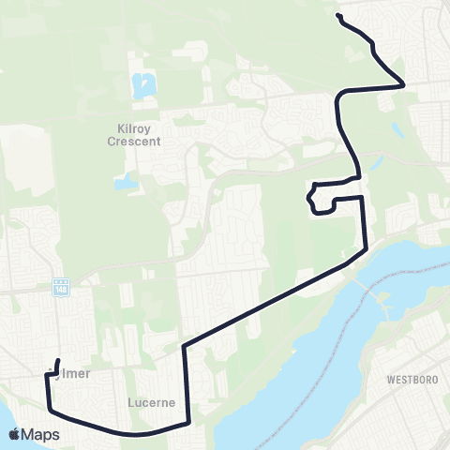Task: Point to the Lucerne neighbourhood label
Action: point(150,403)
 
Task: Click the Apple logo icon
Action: point(15,434)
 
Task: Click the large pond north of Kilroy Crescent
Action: point(142,86)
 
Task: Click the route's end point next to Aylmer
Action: point(59,360)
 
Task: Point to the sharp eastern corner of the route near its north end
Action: point(403,84)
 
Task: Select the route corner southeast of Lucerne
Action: point(189,422)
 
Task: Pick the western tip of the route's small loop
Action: point(307,197)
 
